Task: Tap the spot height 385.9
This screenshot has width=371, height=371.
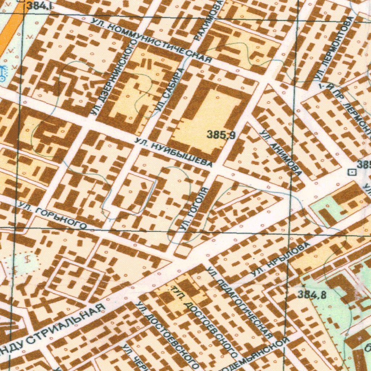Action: (221, 136)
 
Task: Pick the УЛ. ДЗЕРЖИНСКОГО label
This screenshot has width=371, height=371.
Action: (114, 78)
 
